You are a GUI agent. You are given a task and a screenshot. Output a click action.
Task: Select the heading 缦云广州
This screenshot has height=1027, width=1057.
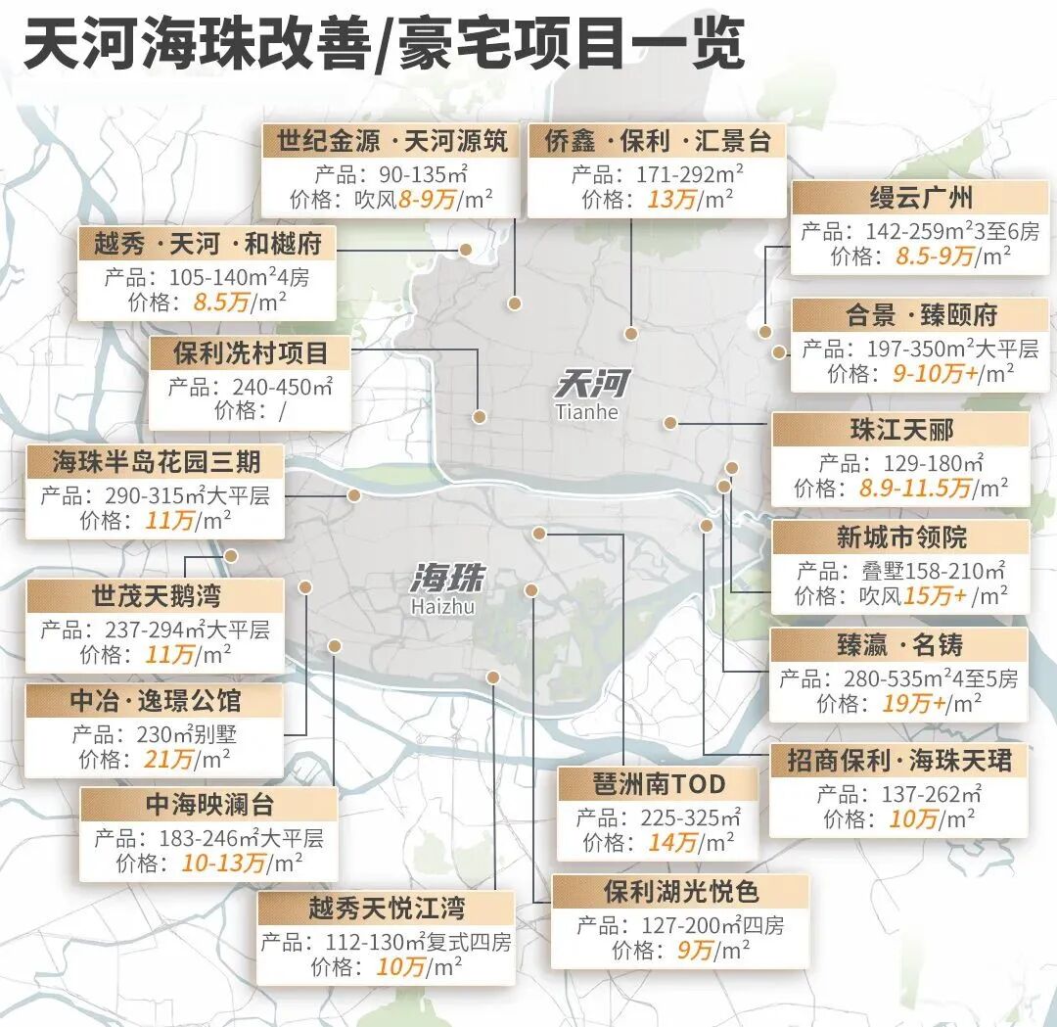point(921,198)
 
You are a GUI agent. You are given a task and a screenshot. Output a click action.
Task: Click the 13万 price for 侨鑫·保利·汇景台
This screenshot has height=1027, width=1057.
point(672,200)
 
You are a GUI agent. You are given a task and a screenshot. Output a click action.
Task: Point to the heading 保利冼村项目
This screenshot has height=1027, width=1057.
point(251,352)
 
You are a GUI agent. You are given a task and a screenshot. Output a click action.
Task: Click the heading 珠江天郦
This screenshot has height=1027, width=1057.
point(900,430)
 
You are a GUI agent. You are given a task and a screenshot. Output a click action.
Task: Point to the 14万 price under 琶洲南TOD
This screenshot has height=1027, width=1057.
point(672,842)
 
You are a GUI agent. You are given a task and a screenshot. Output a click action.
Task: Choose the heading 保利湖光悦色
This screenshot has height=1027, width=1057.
point(680,892)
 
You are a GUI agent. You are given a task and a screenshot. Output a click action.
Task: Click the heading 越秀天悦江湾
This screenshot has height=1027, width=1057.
point(386,908)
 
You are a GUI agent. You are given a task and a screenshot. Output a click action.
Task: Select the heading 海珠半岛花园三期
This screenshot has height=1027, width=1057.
point(156,461)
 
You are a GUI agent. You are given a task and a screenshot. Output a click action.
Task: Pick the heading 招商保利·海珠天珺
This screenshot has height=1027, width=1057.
point(899,761)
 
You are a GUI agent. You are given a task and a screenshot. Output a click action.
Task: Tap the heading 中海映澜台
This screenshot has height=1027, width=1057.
point(209,805)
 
